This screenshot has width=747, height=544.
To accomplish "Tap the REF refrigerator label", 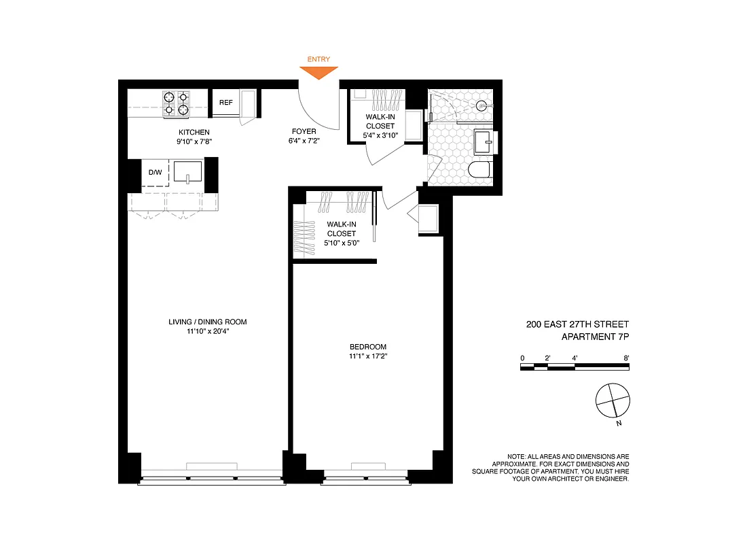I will pyautogui.click(x=225, y=103).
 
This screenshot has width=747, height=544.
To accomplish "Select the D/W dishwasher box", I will pyautogui.click(x=156, y=172).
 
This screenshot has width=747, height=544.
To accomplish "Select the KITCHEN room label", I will pyautogui.click(x=194, y=132).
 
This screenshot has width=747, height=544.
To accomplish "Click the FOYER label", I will pyautogui.click(x=304, y=132).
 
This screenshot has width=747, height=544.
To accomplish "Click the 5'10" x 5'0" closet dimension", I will pyautogui.click(x=342, y=243).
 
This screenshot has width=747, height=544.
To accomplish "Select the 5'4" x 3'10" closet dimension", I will pyautogui.click(x=380, y=135).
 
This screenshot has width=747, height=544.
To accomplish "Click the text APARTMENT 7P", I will pyautogui.click(x=600, y=337).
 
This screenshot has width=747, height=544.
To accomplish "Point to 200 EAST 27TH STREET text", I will pyautogui.click(x=582, y=325).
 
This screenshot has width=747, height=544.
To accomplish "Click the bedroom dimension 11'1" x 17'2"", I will pyautogui.click(x=368, y=356).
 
